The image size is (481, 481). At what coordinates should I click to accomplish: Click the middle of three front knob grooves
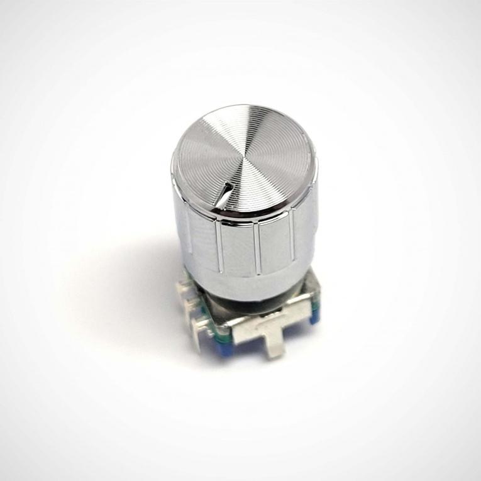click(x=258, y=249)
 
